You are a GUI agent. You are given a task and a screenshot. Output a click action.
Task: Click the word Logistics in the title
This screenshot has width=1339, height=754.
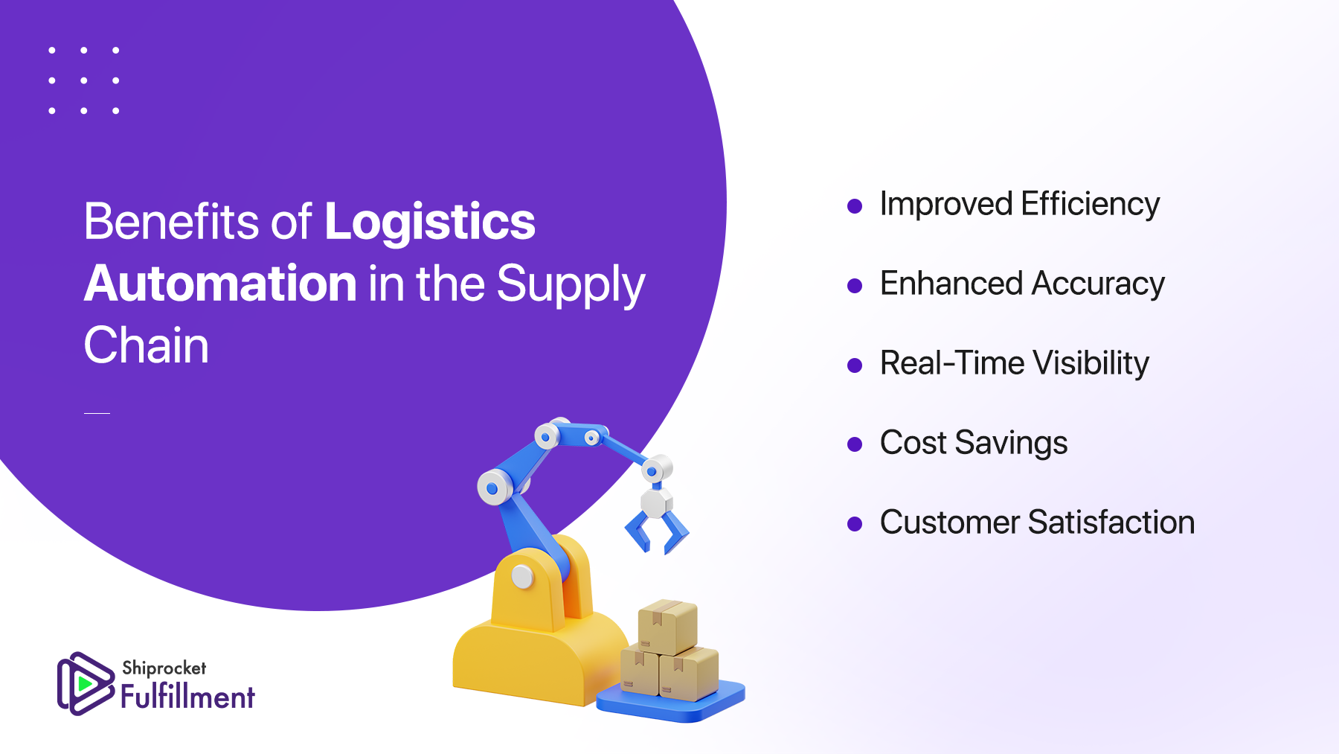point(430,222)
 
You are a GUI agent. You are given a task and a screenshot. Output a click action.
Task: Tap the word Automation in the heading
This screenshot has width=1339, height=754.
point(221,284)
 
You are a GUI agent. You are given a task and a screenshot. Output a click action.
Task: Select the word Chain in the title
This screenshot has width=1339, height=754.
point(146,345)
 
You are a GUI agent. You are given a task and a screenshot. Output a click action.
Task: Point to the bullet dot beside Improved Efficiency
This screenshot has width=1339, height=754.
point(855,206)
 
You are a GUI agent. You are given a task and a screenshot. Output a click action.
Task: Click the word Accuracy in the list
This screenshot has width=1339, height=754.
point(1098,284)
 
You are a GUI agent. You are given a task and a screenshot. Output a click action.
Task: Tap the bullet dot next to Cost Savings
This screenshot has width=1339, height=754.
point(855,445)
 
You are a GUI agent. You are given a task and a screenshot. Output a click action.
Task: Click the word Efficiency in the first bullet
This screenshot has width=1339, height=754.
point(1090,205)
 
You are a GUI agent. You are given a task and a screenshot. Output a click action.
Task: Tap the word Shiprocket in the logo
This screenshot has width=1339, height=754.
point(164,668)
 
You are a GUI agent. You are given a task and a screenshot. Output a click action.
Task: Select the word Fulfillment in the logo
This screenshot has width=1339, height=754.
point(187,697)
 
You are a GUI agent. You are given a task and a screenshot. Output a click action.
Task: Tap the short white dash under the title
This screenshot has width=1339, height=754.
point(97,412)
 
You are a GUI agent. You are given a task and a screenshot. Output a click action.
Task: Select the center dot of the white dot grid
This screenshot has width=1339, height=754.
point(84,80)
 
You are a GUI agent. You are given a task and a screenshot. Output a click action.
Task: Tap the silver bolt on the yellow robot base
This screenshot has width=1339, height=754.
point(523,576)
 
